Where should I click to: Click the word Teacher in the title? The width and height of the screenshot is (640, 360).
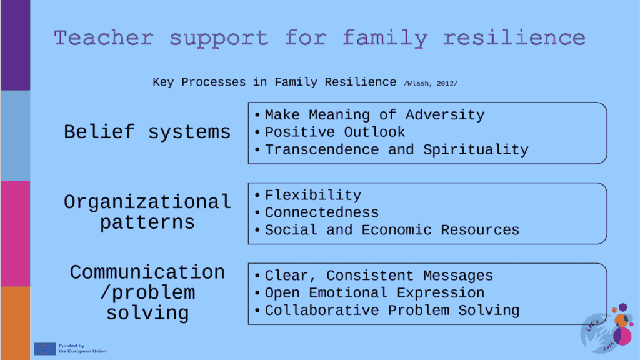[104, 38]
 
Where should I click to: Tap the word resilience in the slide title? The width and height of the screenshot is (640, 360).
[514, 38]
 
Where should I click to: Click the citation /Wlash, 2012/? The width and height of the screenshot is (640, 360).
[431, 84]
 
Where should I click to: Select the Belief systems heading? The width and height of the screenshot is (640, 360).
[147, 132]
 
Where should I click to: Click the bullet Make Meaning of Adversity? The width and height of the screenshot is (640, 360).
[374, 115]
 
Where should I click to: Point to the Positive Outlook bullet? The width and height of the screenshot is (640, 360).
[335, 132]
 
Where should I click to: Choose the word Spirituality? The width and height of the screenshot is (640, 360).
[476, 150]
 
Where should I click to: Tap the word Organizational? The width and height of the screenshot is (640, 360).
[147, 202]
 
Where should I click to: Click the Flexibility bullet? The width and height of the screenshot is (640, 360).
[313, 196]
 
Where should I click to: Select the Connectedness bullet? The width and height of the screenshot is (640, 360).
[322, 212]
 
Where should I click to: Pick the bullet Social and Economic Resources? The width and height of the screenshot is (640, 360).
[392, 230]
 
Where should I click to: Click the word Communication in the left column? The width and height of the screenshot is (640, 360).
[147, 272]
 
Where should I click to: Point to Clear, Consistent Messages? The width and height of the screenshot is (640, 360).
[379, 276]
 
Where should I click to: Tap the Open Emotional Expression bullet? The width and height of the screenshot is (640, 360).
[374, 293]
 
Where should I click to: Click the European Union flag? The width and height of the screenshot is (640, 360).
[45, 349]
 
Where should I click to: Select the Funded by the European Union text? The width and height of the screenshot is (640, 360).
[82, 349]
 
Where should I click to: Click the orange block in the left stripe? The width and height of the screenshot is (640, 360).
[15, 323]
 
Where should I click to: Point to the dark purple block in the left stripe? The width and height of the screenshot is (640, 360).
[15, 45]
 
